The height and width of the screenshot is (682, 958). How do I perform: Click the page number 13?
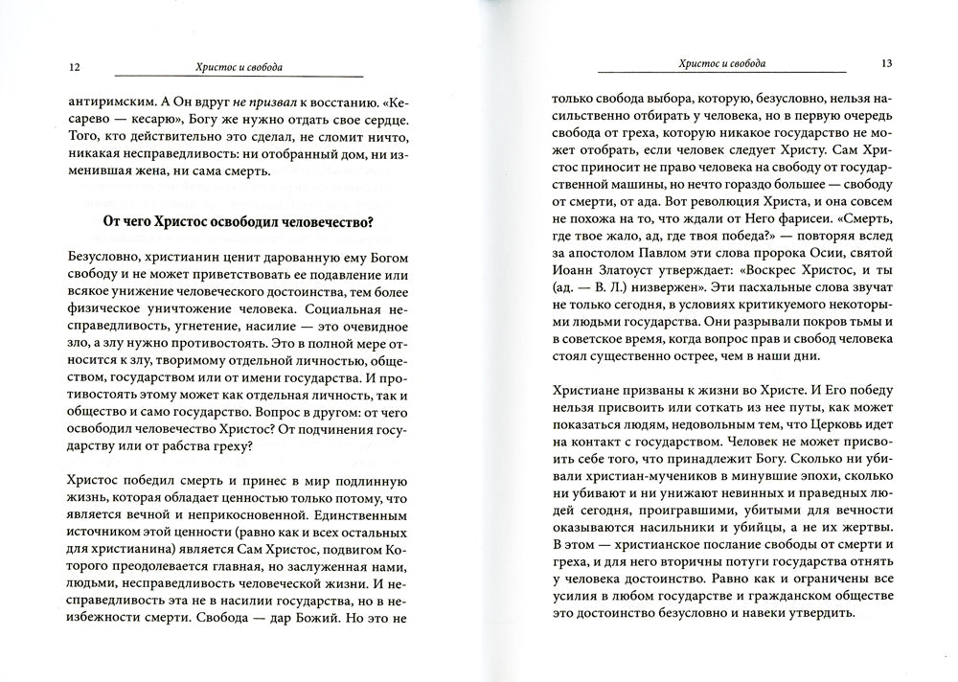(886, 63)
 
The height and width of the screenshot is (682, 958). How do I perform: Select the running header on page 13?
(721, 63)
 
